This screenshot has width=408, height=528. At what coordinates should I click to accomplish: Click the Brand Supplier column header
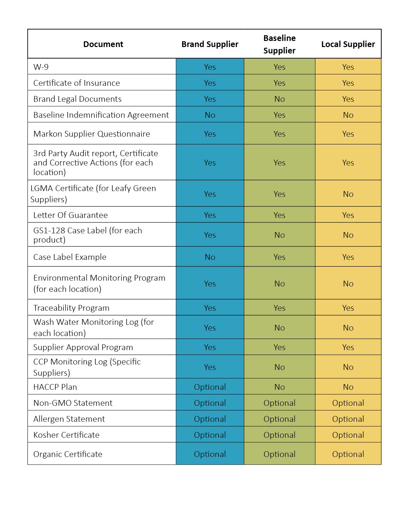[210, 44]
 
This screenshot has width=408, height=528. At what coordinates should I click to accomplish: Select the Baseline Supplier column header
[279, 44]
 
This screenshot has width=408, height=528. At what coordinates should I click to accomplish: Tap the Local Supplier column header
[348, 44]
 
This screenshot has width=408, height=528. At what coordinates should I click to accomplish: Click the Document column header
[103, 44]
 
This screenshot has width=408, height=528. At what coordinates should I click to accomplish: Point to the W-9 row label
[41, 67]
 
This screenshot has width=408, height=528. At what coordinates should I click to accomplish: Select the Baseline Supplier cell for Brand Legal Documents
[279, 99]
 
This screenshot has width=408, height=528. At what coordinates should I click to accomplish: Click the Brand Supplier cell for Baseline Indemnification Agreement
[210, 115]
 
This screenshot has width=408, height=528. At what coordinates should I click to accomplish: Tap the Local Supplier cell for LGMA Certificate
[348, 194]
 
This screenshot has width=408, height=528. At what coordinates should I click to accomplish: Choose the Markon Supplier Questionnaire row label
[92, 134]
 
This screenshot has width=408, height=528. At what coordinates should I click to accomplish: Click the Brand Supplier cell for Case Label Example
[210, 257]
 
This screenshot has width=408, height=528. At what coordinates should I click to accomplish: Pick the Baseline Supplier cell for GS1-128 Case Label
[279, 235]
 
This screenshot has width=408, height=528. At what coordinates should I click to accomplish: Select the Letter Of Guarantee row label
[70, 215]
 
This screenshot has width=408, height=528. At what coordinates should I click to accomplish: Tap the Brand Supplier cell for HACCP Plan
[210, 387]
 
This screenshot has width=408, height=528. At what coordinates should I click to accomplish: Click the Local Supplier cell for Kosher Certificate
[348, 435]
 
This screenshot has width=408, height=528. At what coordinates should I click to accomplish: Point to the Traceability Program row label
[71, 308]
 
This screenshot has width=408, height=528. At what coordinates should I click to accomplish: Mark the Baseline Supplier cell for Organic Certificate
[279, 454]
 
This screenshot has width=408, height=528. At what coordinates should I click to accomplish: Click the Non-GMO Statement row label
[73, 403]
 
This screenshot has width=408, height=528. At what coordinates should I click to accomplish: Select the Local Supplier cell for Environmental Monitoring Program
[348, 284]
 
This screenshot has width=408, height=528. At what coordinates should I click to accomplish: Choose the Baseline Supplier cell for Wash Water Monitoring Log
[279, 328]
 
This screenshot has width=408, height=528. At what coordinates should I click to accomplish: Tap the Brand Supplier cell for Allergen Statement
[210, 419]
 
